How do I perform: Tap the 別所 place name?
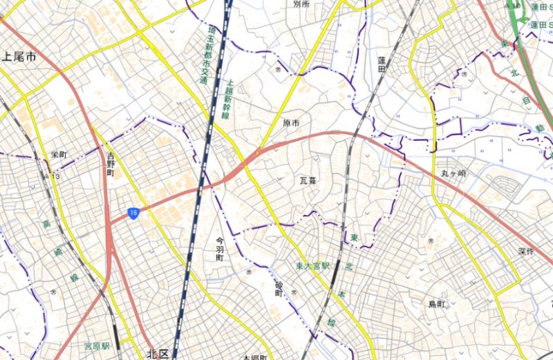click(301, 4)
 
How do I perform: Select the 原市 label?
click(292, 122)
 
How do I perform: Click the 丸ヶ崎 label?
click(453, 173)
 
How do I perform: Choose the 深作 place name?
click(525, 252)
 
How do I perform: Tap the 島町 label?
click(438, 304)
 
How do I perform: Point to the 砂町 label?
click(279, 288)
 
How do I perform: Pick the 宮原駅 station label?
click(97, 343)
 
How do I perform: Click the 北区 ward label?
click(158, 353)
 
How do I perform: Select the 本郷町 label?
click(255, 357)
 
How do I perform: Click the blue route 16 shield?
click(134, 214)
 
